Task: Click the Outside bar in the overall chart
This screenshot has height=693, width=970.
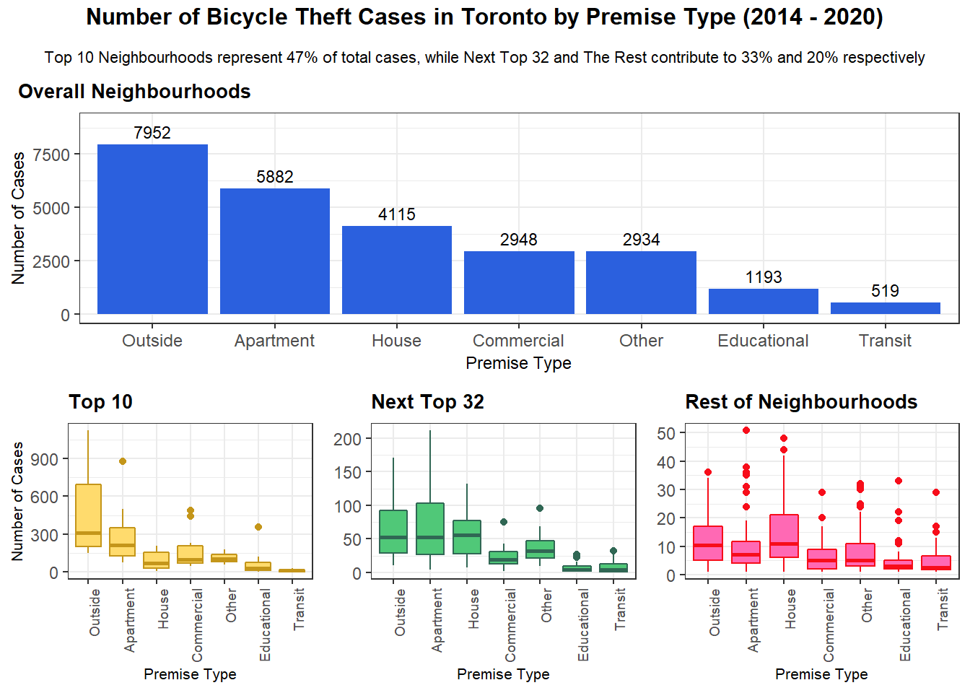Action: tap(152, 230)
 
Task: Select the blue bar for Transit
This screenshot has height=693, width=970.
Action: tap(885, 308)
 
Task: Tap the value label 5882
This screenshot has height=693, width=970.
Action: tap(275, 177)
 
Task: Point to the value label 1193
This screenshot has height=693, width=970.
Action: tap(764, 277)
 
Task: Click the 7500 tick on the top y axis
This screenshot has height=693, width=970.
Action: tap(51, 154)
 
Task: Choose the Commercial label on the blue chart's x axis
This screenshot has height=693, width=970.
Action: tap(518, 341)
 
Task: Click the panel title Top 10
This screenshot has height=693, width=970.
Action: tap(100, 402)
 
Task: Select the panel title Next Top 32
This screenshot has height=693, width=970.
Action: tap(427, 402)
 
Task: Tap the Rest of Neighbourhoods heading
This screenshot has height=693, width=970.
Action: tap(801, 402)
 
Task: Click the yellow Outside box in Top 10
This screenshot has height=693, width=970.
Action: tap(88, 515)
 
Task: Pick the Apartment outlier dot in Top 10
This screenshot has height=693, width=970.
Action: tap(123, 461)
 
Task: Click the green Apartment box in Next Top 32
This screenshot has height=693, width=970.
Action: tap(430, 528)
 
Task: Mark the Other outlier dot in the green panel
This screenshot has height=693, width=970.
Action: tap(540, 508)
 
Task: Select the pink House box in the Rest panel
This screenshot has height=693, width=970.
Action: tap(784, 536)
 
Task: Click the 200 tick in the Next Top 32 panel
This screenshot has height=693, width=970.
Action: tap(347, 439)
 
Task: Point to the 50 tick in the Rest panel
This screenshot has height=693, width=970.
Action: tap(666, 433)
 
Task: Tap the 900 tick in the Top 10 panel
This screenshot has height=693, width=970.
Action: tap(45, 459)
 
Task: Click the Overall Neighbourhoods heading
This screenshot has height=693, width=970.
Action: tap(134, 92)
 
